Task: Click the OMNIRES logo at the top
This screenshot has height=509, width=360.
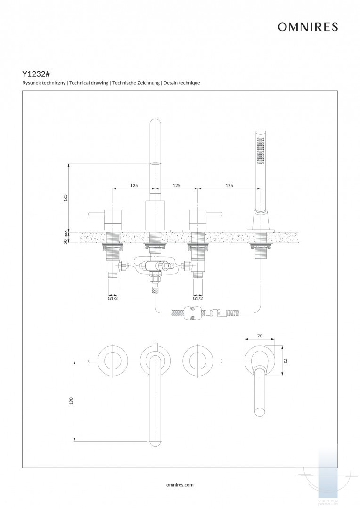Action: point(308,27)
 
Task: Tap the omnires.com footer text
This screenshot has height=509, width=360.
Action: point(180,484)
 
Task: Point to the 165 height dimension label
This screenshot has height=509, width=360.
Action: point(66,197)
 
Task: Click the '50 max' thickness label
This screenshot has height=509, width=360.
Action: point(66,237)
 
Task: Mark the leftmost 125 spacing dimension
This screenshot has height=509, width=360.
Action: point(134,186)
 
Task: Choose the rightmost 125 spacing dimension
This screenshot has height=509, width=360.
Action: point(229,186)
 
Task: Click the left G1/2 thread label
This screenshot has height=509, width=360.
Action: point(113,298)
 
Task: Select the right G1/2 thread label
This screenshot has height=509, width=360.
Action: point(198,298)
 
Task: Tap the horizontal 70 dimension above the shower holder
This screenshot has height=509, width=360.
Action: point(260,337)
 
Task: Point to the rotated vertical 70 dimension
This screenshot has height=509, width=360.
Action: point(286,361)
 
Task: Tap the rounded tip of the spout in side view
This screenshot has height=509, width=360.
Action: point(155,123)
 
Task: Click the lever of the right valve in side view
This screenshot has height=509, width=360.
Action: point(214,215)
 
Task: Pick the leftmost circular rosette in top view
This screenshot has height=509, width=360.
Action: point(113,361)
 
